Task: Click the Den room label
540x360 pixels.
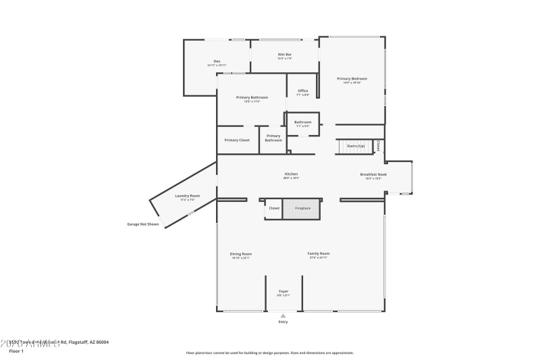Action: (x=217, y=61)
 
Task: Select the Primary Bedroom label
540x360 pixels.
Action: (x=352, y=79)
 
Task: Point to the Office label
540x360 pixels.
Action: (x=302, y=91)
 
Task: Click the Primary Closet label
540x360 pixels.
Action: (x=237, y=140)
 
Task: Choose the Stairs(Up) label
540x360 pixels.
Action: (x=356, y=145)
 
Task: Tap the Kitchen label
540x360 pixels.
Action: (x=290, y=174)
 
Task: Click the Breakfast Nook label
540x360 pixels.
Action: (x=373, y=174)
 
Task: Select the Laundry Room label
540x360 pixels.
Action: (x=188, y=196)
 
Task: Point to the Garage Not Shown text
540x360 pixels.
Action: (x=143, y=224)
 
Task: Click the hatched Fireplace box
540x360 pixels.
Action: (x=302, y=209)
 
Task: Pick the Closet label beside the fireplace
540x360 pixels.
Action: (x=274, y=208)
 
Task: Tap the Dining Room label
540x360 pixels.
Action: (x=241, y=254)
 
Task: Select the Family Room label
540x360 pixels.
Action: (x=319, y=254)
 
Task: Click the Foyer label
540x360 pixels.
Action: (x=283, y=291)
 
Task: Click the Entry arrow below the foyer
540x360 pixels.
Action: (x=283, y=315)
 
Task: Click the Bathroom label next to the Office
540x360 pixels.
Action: (x=302, y=122)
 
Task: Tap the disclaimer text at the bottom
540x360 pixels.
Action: (x=269, y=353)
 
